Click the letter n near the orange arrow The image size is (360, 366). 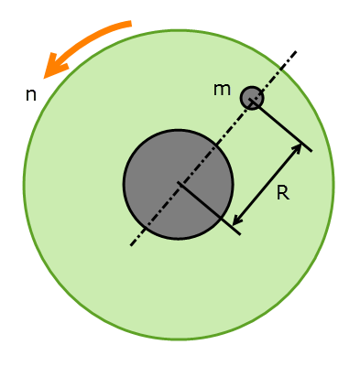pyautogui.click(x=30, y=94)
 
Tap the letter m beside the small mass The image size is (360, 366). pyautogui.click(x=222, y=89)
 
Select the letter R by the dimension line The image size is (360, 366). pyautogui.click(x=283, y=193)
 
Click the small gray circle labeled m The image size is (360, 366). pyautogui.click(x=252, y=98)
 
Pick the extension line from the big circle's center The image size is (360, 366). pyautogui.click(x=209, y=210)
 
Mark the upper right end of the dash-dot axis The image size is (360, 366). pyautogui.click(x=296, y=51)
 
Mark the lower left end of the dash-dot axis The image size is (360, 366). pyautogui.click(x=131, y=245)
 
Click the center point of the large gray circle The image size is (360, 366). pyautogui.click(x=179, y=184)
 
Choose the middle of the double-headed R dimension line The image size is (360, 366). pyautogui.click(x=267, y=183)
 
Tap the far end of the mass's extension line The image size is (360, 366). pyautogui.click(x=311, y=150)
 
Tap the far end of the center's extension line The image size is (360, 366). pyautogui.click(x=240, y=234)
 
